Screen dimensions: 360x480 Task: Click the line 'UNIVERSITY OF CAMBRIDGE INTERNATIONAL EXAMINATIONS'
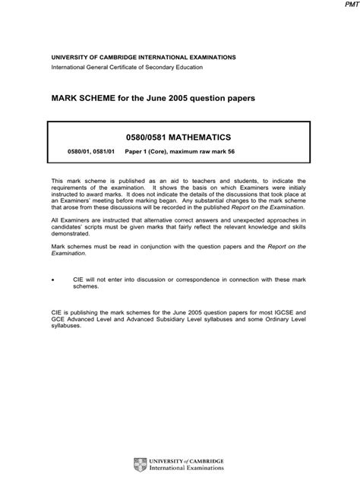coord(144,57)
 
